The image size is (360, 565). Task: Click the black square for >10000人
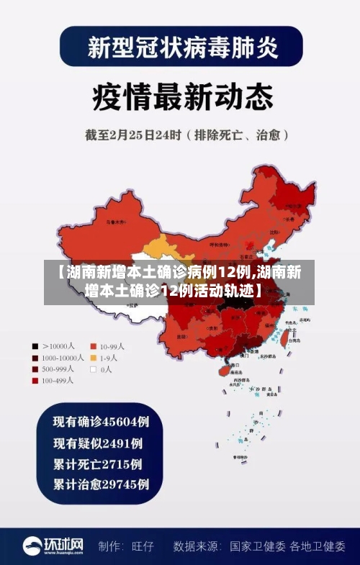click(x=35, y=345)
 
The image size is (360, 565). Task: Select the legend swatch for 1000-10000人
click(x=35, y=357)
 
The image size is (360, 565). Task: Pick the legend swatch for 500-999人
click(x=35, y=369)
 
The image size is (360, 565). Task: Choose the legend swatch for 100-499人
click(x=35, y=381)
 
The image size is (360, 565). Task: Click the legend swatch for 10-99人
click(x=94, y=345)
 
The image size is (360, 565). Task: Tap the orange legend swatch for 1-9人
click(x=94, y=357)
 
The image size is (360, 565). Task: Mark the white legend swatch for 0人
click(x=94, y=369)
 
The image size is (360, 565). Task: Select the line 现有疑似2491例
click(x=97, y=442)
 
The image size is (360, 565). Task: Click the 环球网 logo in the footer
click(x=53, y=545)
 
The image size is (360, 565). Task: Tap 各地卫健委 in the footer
click(x=318, y=546)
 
